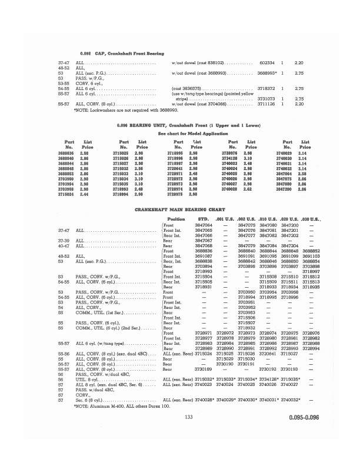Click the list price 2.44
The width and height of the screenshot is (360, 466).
pyautogui.click(x=85, y=194)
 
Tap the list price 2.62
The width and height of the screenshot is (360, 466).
pyautogui.click(x=246, y=189)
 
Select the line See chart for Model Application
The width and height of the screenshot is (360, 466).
pyautogui.click(x=181, y=151)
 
